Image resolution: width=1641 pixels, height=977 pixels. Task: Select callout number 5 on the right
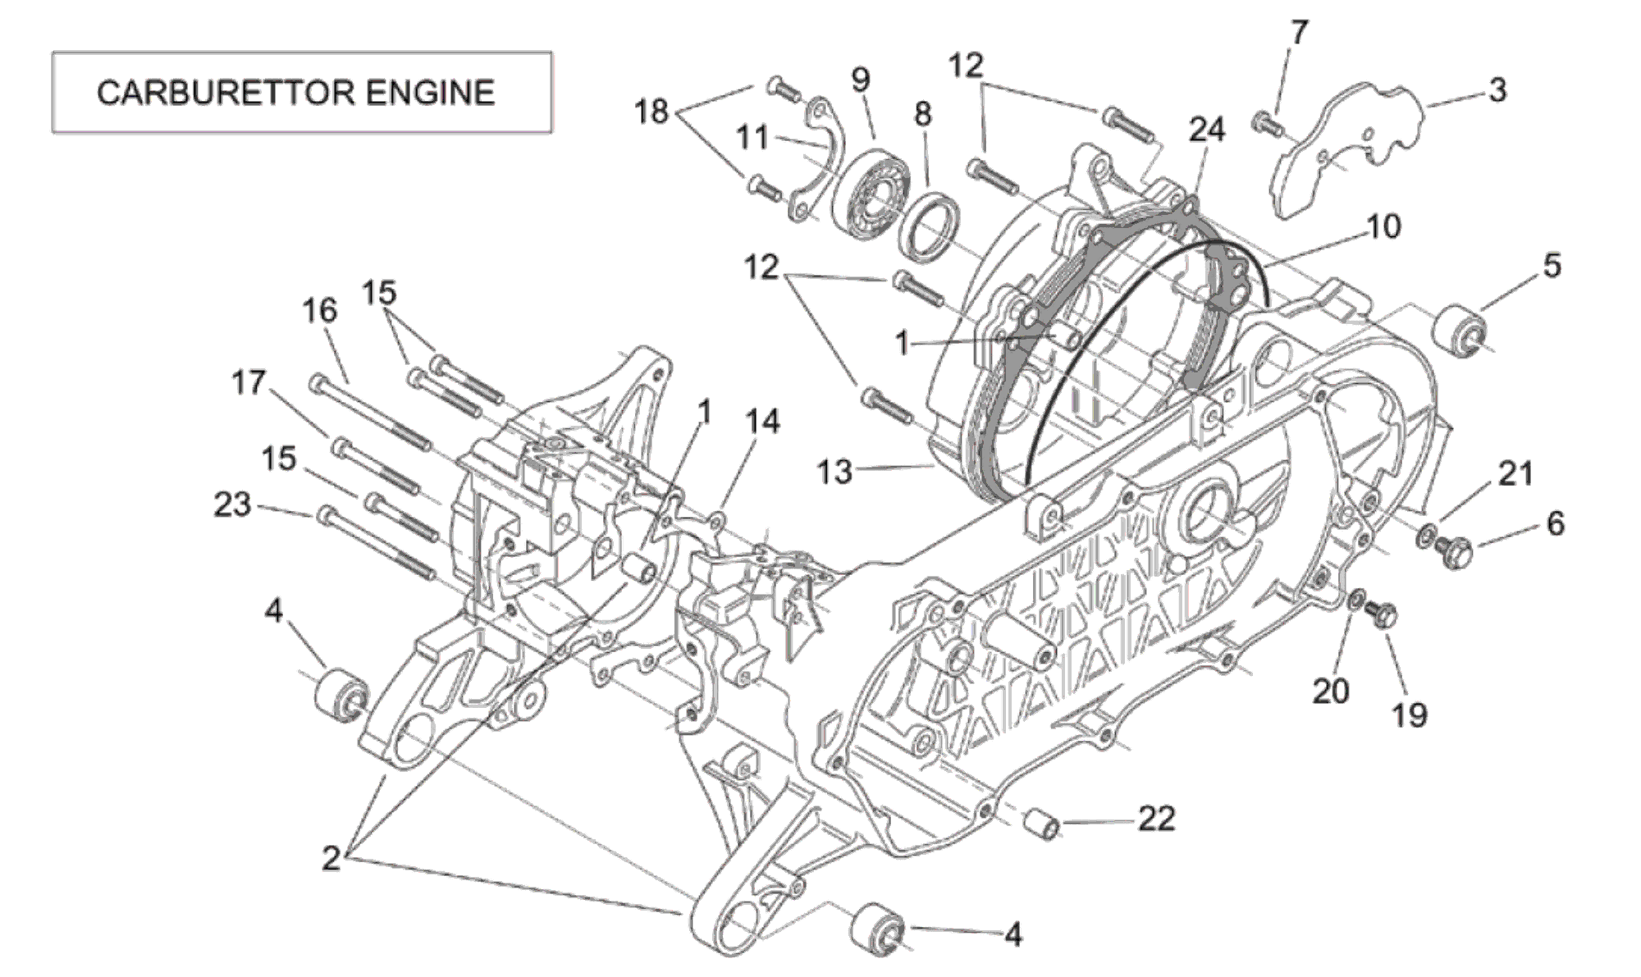(x=1552, y=266)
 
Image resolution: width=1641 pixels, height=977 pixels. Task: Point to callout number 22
(x=1156, y=818)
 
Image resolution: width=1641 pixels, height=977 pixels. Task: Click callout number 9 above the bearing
(x=860, y=80)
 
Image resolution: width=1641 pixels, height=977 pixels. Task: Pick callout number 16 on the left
(x=319, y=311)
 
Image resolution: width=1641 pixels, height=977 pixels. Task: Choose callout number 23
(x=232, y=504)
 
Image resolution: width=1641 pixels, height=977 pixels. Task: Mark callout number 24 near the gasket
(x=1207, y=130)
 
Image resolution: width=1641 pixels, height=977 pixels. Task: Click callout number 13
(x=834, y=472)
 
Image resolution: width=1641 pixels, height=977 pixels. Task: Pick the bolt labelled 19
(x=1383, y=616)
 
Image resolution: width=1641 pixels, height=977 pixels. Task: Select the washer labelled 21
(x=1427, y=537)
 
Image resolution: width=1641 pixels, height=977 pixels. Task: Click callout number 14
(x=762, y=422)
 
